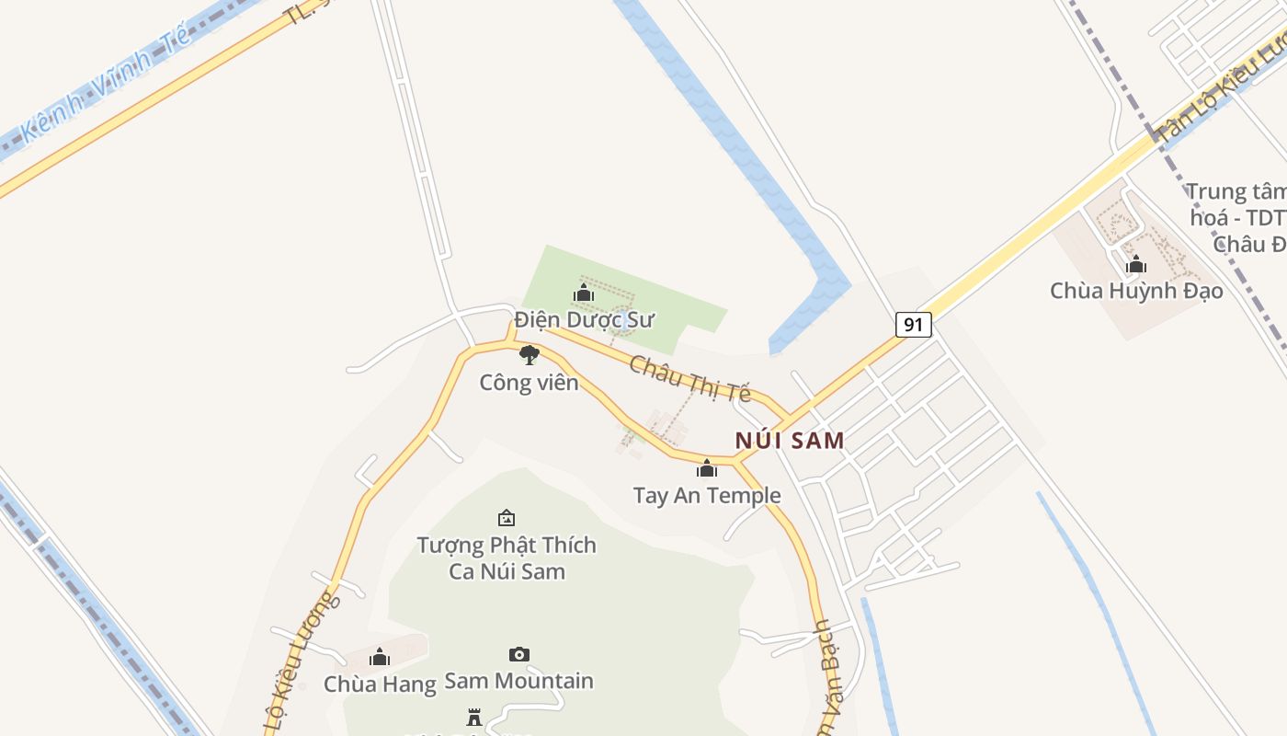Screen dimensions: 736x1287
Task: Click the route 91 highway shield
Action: pyautogui.click(x=913, y=324)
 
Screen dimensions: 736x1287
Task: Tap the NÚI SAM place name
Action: pyautogui.click(x=790, y=440)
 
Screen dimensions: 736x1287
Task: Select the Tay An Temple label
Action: pyautogui.click(x=707, y=495)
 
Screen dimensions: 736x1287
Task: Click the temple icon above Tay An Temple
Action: pyautogui.click(x=706, y=469)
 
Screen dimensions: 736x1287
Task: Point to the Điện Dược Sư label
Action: pyautogui.click(x=584, y=319)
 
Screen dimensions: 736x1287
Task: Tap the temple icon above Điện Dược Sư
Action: pyautogui.click(x=583, y=293)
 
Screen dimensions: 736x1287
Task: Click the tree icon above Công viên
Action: pyautogui.click(x=529, y=355)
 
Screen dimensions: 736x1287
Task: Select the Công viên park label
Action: pyautogui.click(x=529, y=382)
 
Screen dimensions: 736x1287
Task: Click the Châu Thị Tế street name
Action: pyautogui.click(x=690, y=378)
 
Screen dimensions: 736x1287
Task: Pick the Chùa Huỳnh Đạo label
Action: pyautogui.click(x=1136, y=291)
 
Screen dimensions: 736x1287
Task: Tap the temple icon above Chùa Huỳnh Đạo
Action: pyautogui.click(x=1136, y=265)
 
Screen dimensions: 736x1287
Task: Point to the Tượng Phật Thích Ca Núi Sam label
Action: pyautogui.click(x=507, y=558)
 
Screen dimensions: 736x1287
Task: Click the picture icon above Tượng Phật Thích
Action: pyautogui.click(x=506, y=519)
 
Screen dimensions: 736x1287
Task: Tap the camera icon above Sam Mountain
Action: pyautogui.click(x=519, y=654)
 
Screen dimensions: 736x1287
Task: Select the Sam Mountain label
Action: pyautogui.click(x=519, y=681)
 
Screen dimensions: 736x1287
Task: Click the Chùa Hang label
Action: pyautogui.click(x=379, y=684)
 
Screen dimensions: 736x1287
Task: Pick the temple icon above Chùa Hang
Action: pyautogui.click(x=379, y=657)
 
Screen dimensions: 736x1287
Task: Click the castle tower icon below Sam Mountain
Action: pyautogui.click(x=474, y=718)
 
